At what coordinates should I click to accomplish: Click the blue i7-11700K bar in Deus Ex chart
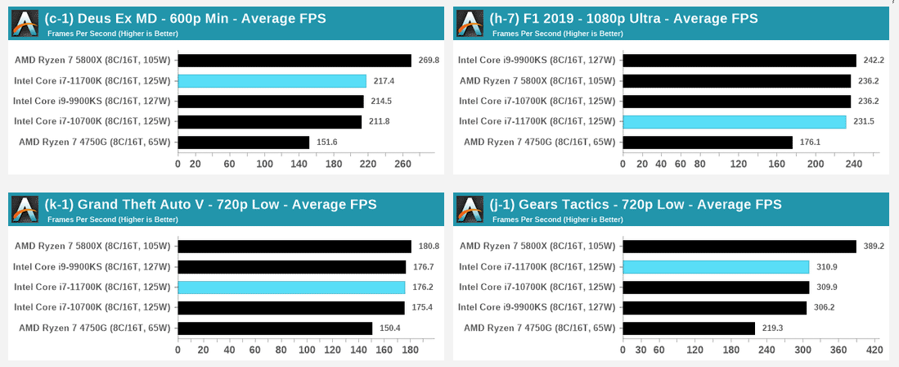coord(272,81)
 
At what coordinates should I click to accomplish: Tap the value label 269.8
coord(429,60)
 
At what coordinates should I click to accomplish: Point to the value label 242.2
coord(874,60)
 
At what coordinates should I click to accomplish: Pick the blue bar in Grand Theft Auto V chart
coord(291,288)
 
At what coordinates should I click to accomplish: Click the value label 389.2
coord(874,246)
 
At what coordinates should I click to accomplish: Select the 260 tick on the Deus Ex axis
coord(402,163)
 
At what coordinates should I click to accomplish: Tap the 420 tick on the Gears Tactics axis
coord(874,350)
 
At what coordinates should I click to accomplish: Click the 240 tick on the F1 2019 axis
coord(854,163)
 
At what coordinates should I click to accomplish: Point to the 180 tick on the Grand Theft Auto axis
coord(410,350)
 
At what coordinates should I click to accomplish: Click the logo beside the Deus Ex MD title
coord(25,24)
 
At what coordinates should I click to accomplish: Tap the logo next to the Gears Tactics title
coord(470,210)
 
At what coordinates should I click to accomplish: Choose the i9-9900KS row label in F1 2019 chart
coord(537,60)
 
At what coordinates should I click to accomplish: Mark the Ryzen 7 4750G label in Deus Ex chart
coord(92,143)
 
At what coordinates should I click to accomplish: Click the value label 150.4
coord(390,328)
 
